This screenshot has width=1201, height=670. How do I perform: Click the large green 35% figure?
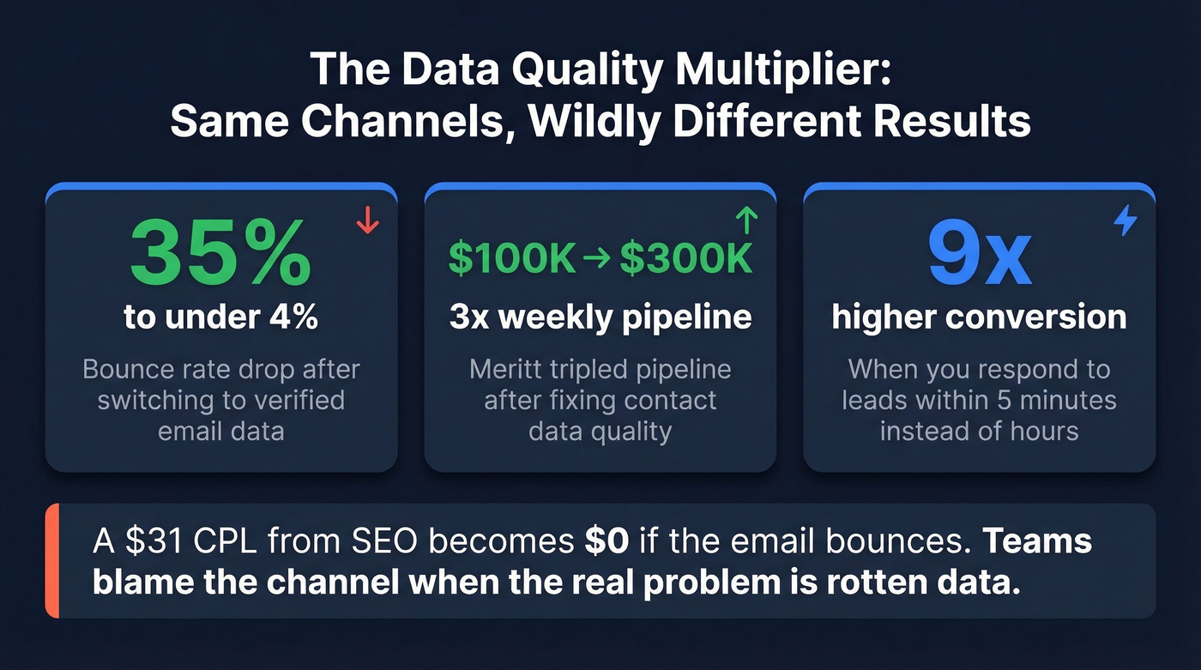221,256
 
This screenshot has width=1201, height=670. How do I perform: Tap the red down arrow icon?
367,220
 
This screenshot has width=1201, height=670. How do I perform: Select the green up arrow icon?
746,221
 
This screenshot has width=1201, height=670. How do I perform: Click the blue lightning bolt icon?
1125,221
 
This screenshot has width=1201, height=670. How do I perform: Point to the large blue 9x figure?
979,256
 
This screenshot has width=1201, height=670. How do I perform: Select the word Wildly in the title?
594,121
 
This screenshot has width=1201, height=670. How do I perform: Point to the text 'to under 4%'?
221,317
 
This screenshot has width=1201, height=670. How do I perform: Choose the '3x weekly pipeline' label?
600,317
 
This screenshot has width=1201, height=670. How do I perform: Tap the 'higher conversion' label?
979,317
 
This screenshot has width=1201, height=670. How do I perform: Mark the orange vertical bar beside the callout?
51,561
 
